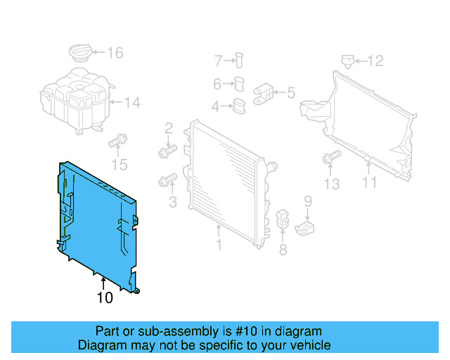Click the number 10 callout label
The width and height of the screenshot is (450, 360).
tap(104, 298)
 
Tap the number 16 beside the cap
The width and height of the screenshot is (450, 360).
tap(115, 53)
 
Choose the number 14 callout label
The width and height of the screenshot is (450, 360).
tap(132, 103)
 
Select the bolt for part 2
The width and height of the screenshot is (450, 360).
tap(166, 151)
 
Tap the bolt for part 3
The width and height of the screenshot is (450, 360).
tap(167, 181)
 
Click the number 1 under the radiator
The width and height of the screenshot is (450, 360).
tap(219, 245)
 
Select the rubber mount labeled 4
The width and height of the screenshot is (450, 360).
tap(239, 107)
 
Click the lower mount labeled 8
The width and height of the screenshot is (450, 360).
tap(283, 219)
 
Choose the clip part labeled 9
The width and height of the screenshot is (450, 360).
tap(304, 227)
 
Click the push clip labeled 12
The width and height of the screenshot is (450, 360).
tap(346, 60)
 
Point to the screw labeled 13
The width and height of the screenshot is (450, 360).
tap(328, 160)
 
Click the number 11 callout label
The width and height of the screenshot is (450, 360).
tap(369, 183)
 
